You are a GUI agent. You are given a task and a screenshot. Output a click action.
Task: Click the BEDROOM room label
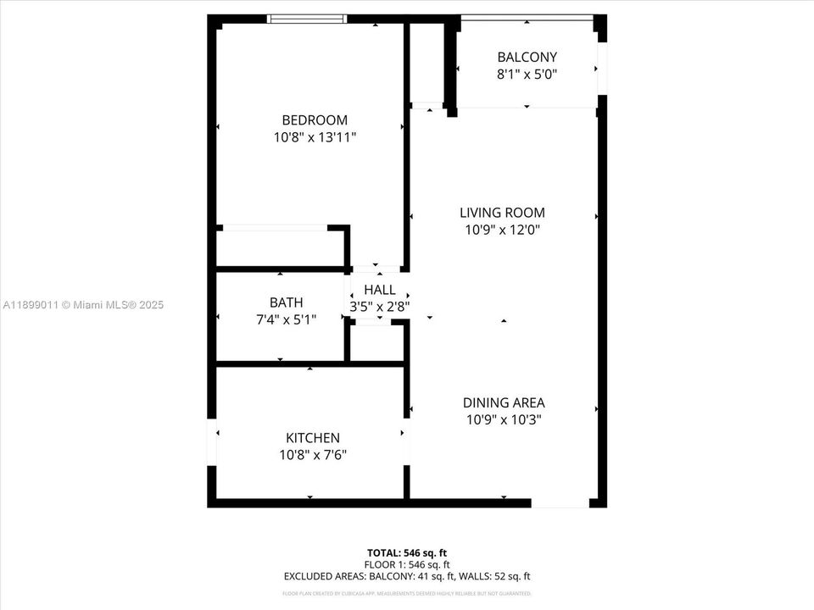click(315, 120)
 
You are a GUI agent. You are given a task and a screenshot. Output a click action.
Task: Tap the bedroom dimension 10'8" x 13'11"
click(315, 136)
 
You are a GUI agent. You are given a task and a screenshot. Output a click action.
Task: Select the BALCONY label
click(527, 58)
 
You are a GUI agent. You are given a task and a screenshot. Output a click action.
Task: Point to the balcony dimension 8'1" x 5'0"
click(527, 74)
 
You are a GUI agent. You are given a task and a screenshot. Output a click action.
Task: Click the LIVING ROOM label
click(502, 213)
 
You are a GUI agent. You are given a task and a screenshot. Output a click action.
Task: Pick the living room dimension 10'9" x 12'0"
click(502, 230)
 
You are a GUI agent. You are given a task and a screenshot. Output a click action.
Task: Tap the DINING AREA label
click(504, 403)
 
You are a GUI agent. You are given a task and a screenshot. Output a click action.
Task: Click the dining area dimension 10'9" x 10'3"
click(504, 419)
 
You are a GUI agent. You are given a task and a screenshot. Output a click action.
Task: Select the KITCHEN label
click(313, 438)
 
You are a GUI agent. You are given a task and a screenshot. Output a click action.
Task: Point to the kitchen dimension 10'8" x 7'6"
click(313, 455)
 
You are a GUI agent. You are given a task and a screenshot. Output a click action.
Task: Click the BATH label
click(286, 302)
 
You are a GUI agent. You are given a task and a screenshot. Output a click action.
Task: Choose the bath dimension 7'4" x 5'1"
click(286, 319)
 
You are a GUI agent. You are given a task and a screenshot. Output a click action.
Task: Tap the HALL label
click(379, 291)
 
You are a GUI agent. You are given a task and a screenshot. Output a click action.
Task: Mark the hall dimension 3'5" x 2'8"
click(379, 307)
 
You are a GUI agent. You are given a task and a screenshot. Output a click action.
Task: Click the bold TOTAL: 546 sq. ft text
click(407, 552)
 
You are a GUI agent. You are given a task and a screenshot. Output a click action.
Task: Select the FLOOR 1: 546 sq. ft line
click(407, 564)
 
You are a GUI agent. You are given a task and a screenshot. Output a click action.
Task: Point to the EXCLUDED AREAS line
click(407, 576)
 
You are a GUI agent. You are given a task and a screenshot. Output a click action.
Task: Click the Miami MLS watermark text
click(83, 305)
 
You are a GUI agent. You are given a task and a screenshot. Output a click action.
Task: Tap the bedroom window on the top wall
click(307, 19)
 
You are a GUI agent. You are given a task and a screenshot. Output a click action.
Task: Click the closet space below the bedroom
click(280, 248)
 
